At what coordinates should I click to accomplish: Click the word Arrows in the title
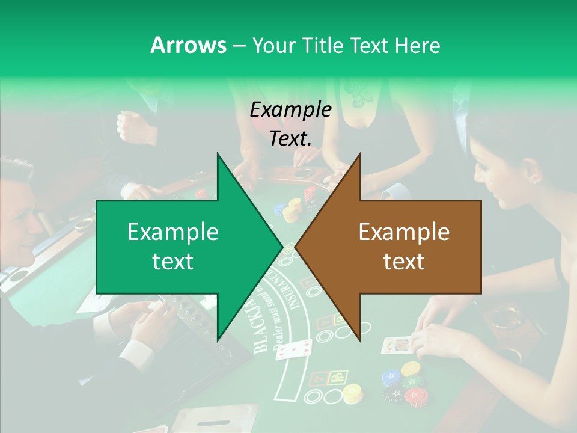(188, 45)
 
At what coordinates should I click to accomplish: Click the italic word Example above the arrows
(290, 109)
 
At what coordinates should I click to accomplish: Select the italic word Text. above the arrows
(290, 139)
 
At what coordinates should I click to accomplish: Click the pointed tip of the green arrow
(282, 246)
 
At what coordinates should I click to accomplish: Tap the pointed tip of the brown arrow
(296, 247)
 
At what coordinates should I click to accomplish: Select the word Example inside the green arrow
(173, 232)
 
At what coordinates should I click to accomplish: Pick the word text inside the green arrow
(173, 262)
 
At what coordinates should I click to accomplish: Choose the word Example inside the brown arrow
(404, 232)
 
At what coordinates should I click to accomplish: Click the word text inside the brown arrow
(404, 262)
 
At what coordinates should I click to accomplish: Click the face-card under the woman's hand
(396, 345)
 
